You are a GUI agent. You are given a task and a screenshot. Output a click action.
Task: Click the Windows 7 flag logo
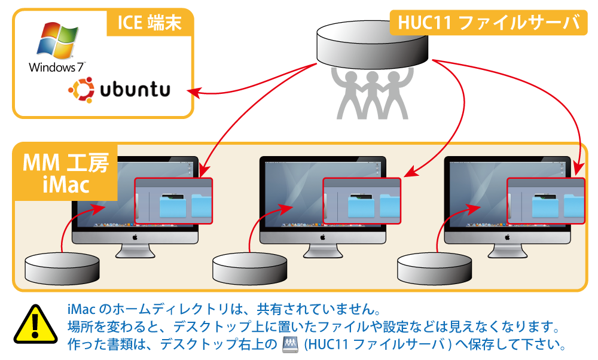tap(57, 40)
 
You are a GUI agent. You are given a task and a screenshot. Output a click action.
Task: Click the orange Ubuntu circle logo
tap(81, 90)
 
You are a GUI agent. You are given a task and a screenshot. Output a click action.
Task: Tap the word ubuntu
tap(135, 89)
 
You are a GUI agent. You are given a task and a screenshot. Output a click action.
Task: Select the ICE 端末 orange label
tap(149, 23)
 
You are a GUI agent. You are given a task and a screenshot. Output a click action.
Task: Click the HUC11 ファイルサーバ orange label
tap(489, 23)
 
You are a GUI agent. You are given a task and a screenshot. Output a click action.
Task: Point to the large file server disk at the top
tap(372, 45)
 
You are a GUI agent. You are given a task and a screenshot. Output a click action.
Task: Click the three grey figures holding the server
tap(372, 93)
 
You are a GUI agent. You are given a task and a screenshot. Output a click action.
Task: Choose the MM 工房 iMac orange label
tap(66, 173)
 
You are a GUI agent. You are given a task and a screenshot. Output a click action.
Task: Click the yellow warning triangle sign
tap(35, 324)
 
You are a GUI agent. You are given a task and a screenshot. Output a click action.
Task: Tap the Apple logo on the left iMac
tap(135, 237)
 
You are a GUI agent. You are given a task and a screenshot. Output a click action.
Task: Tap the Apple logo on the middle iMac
tap(323, 237)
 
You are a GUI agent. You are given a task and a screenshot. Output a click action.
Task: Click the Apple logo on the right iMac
tap(507, 237)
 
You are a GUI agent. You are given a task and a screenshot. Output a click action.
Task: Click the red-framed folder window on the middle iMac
tap(362, 201)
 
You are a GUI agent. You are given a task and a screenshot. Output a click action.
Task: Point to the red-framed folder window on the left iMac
tap(173, 201)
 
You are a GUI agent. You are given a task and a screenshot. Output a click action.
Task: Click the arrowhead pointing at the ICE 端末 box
tap(194, 92)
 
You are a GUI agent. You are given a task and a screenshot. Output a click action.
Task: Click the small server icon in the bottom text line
tap(290, 344)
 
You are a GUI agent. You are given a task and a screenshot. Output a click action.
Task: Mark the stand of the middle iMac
tap(323, 251)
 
